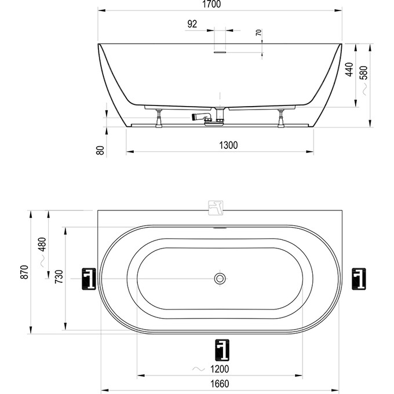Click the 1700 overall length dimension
211,4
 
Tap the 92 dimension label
192,24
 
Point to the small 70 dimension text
258,32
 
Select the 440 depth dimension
349,70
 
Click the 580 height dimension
364,72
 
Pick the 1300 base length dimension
228,145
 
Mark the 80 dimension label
100,150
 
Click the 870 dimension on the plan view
24,272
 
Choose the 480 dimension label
42,245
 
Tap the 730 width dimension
59,276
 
